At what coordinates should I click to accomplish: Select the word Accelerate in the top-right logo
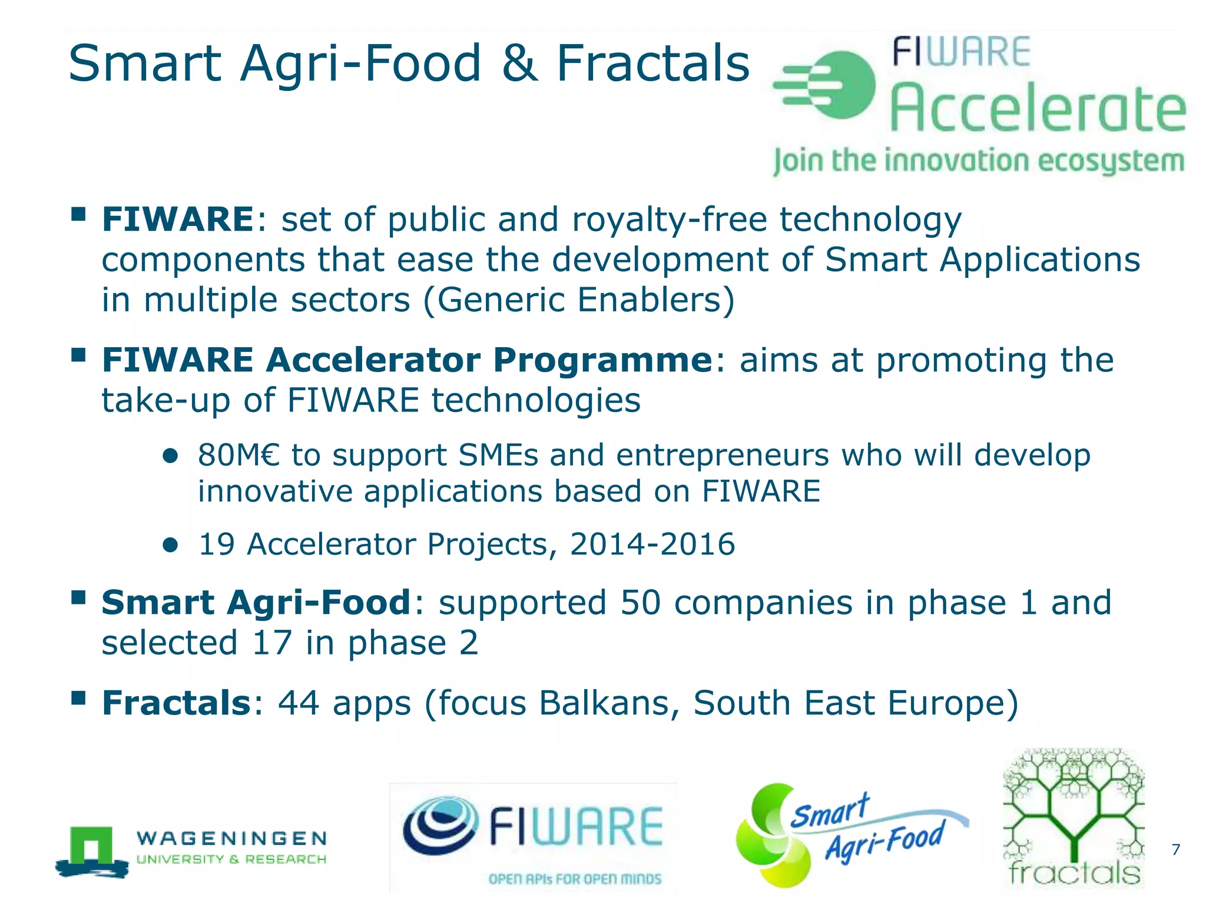(1038, 109)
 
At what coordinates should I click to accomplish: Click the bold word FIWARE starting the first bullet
(178, 220)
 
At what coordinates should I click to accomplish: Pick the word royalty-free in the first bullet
(670, 220)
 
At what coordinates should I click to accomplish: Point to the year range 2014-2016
(652, 544)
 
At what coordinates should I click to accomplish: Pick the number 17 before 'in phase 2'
(272, 643)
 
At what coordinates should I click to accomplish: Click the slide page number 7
(1175, 849)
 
